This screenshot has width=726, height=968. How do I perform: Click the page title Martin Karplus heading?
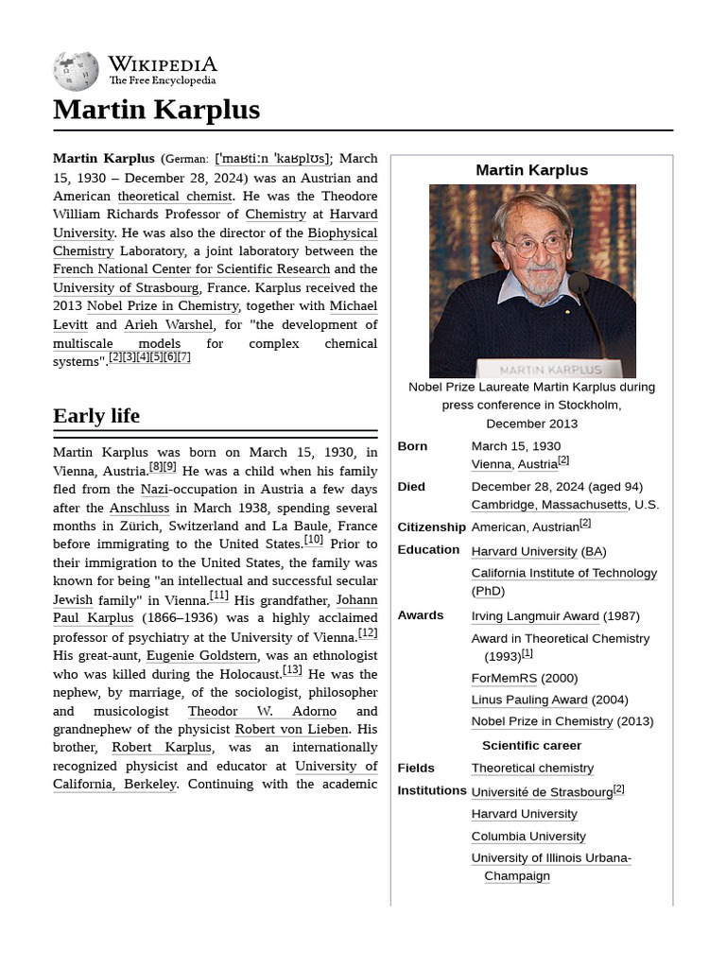click(156, 110)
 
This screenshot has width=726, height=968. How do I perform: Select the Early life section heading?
click(96, 416)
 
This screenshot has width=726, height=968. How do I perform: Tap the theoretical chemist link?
click(175, 196)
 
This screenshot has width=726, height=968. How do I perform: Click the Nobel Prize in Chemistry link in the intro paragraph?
click(163, 305)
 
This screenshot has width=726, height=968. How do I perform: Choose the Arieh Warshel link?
click(168, 324)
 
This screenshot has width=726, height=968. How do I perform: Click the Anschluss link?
click(139, 508)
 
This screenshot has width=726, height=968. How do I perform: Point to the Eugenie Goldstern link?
click(201, 655)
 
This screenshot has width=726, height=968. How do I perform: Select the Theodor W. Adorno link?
click(262, 711)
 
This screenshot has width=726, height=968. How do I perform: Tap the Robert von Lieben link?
click(292, 729)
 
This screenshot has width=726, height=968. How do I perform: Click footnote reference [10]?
click(313, 540)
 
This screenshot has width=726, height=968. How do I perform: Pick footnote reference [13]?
click(292, 670)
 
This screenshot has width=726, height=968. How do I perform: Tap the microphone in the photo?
click(579, 283)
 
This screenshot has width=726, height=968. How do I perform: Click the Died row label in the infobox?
click(411, 487)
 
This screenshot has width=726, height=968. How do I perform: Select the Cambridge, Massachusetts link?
click(549, 505)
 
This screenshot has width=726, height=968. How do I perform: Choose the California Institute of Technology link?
click(563, 573)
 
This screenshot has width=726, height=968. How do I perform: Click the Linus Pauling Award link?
click(529, 700)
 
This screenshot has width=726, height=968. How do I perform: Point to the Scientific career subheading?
click(531, 745)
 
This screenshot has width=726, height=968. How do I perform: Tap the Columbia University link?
click(528, 837)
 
